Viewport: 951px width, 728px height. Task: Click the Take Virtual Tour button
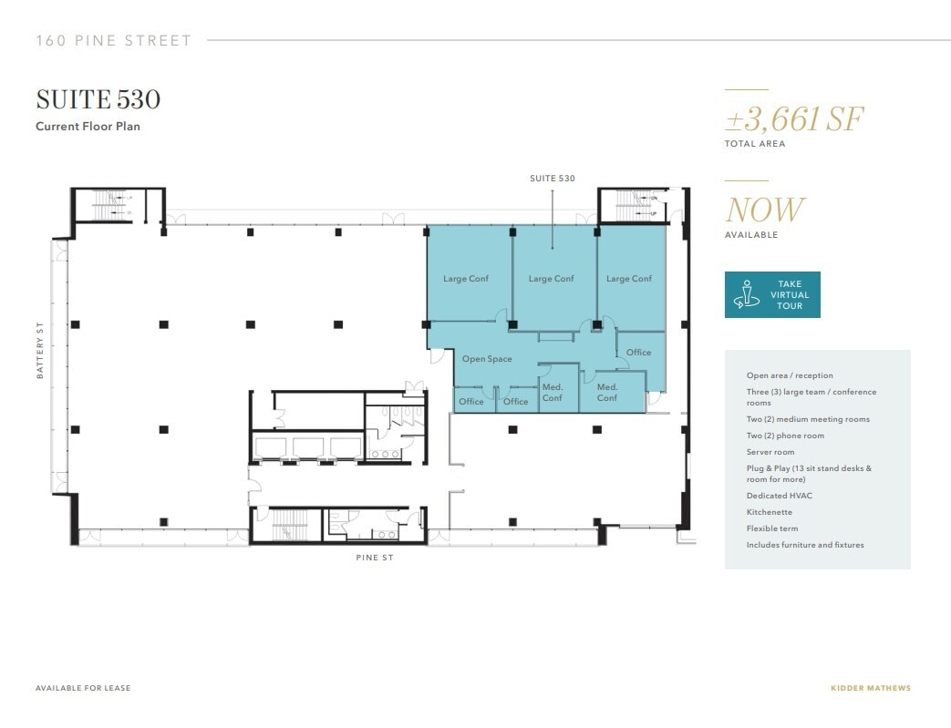(x=772, y=294)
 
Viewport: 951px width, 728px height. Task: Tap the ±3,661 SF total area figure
(x=794, y=118)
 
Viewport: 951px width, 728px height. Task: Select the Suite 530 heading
(x=98, y=99)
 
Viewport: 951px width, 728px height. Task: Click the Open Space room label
(x=487, y=359)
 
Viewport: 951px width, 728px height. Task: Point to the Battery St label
(x=40, y=350)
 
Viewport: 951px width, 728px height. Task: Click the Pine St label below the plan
(x=375, y=558)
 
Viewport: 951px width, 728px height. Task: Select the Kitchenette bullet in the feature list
(x=770, y=512)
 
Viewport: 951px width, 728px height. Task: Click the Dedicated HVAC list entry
(x=779, y=496)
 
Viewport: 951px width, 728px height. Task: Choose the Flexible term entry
(x=772, y=528)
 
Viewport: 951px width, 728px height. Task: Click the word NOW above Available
(x=765, y=210)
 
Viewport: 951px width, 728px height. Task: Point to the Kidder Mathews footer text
(x=870, y=688)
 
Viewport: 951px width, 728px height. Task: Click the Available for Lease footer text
(x=83, y=688)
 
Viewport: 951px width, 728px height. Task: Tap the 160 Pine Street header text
(x=114, y=41)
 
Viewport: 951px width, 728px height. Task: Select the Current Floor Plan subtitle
(x=88, y=127)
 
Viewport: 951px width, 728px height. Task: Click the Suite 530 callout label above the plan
(x=553, y=179)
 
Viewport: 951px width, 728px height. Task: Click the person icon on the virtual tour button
(x=747, y=295)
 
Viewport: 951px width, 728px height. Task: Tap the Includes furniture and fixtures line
(x=805, y=545)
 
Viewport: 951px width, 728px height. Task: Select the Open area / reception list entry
(x=790, y=375)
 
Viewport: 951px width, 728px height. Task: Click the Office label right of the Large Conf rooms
(x=638, y=353)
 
